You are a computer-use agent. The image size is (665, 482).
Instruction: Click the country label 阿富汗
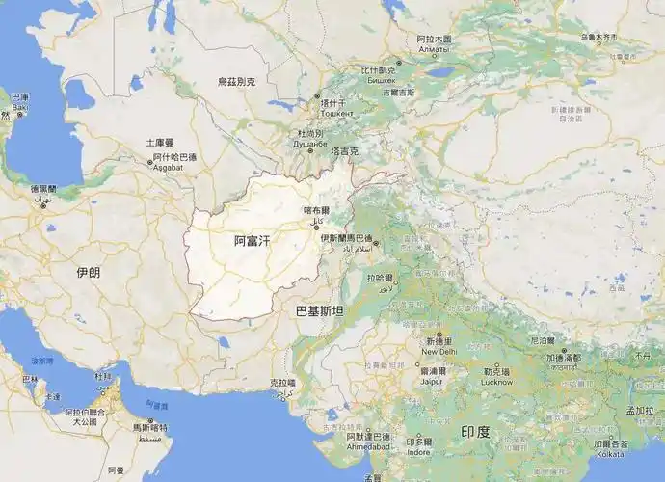pyautogui.click(x=253, y=242)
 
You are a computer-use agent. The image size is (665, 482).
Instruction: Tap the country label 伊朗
pyautogui.click(x=88, y=273)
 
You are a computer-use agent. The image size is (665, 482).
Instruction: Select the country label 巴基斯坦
pyautogui.click(x=319, y=311)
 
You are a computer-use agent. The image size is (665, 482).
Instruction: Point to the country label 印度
pyautogui.click(x=475, y=431)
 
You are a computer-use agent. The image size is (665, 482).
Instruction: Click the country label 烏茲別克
pyautogui.click(x=236, y=82)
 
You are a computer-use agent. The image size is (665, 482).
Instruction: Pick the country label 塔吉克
pyautogui.click(x=344, y=151)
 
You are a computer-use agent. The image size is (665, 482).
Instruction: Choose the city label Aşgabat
pyautogui.click(x=174, y=167)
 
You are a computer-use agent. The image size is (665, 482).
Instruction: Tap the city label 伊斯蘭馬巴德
pyautogui.click(x=347, y=237)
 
